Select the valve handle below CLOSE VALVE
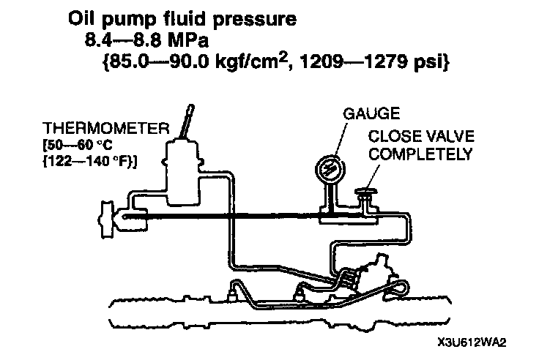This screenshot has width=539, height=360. pos(363,193)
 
